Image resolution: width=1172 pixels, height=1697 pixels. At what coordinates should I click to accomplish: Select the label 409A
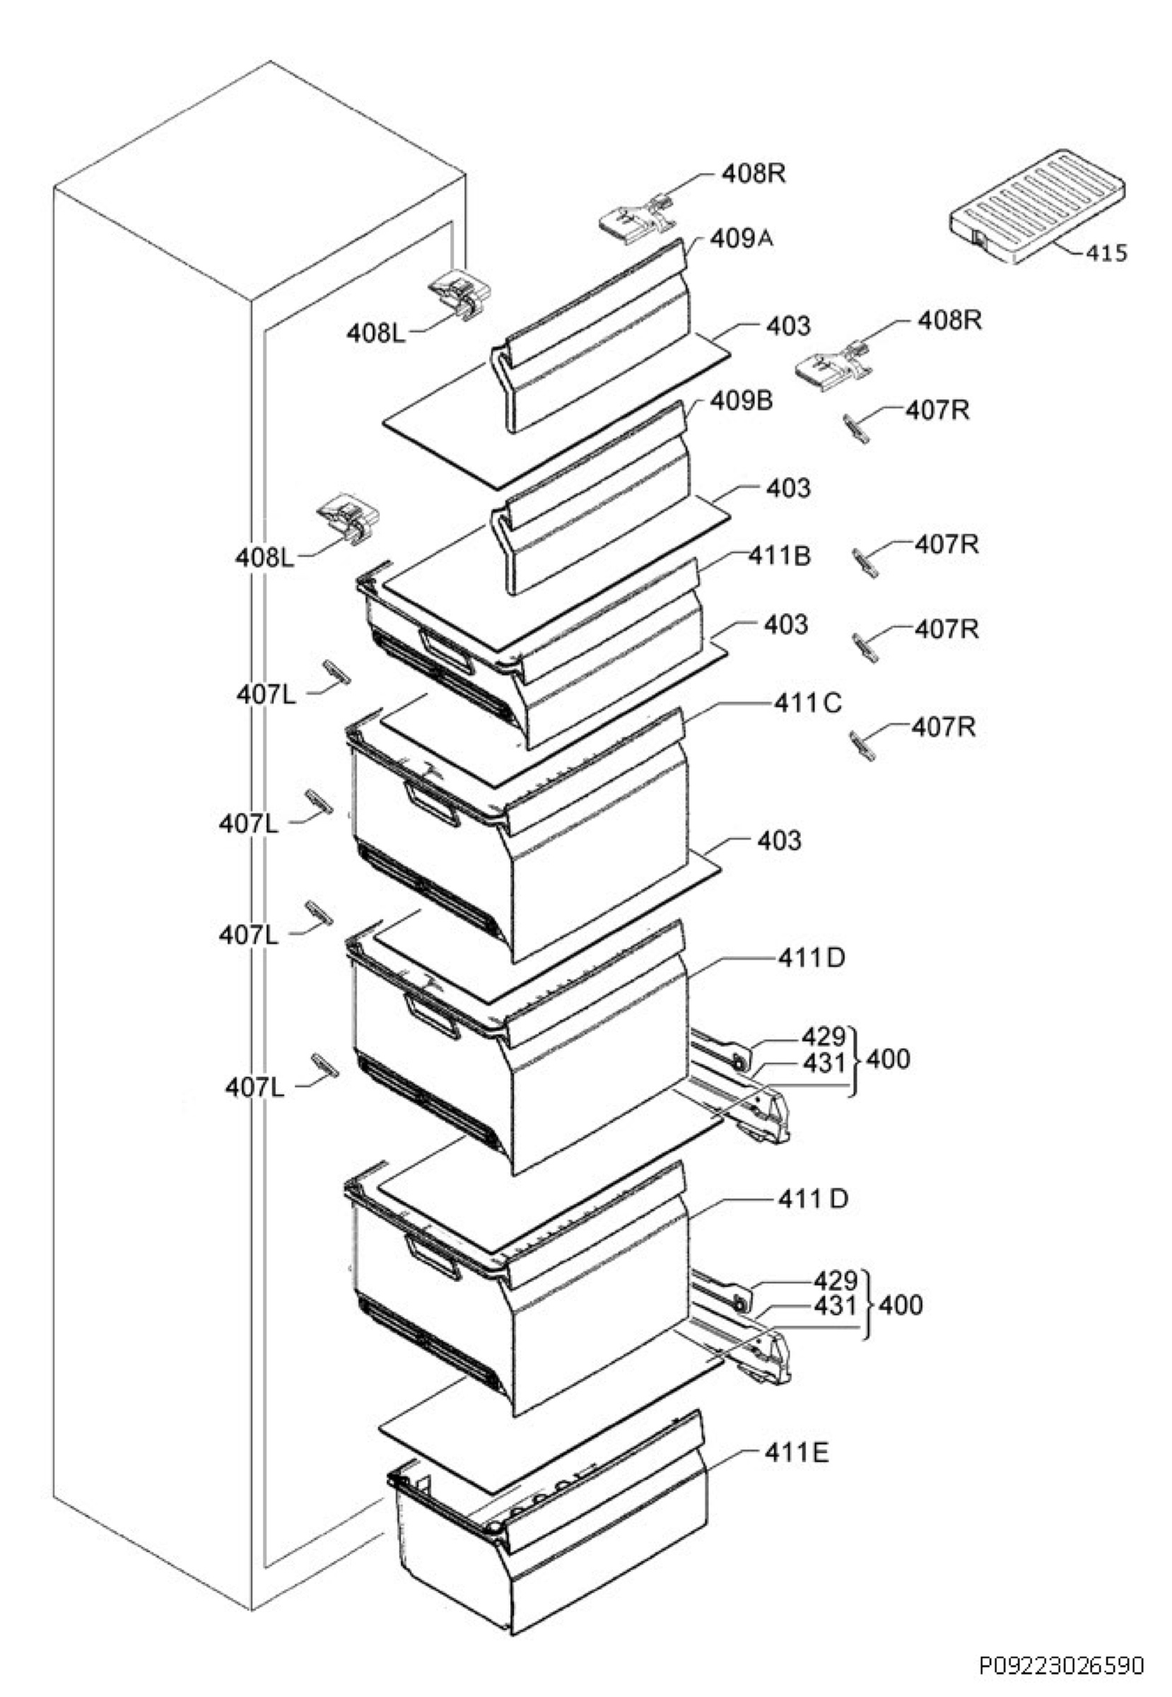742,239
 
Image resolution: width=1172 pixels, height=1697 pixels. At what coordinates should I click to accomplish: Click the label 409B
742,402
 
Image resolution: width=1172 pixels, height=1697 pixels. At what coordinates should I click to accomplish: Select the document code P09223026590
1061,1664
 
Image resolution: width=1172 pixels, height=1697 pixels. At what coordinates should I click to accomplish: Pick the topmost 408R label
754,173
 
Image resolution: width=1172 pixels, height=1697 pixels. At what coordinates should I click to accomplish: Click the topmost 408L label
377,334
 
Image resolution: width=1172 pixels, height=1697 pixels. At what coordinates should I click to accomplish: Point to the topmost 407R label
937,411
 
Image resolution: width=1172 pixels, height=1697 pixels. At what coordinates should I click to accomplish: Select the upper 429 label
824,1037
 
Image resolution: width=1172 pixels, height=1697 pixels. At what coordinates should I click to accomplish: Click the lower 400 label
901,1305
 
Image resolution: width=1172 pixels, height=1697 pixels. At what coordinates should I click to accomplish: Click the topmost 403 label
789,325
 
